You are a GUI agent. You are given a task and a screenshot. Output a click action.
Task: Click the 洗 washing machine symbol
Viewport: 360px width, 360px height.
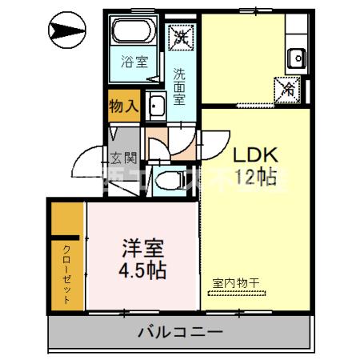180,36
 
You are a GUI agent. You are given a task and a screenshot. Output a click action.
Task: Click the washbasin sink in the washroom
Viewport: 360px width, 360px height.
158,105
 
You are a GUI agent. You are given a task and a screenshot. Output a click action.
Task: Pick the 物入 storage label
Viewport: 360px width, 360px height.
125,104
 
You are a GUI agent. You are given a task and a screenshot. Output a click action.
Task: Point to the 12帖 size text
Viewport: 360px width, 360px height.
255,178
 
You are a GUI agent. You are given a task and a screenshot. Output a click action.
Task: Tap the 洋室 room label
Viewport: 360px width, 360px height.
144,246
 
